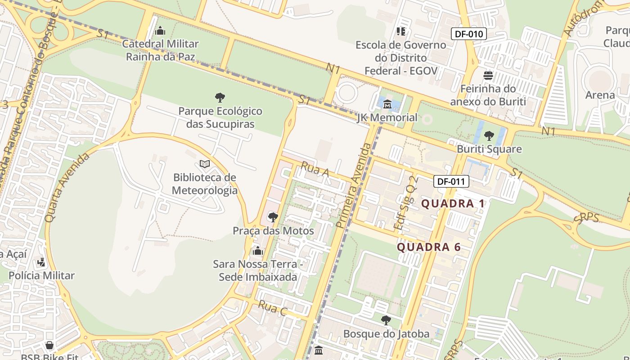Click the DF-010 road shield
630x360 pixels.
(469, 34)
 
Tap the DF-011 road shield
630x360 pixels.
(451, 182)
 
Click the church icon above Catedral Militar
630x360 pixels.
(160, 31)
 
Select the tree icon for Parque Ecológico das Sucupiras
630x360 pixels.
(220, 97)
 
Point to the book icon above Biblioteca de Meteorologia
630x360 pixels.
(205, 164)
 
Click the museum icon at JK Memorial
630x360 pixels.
(387, 105)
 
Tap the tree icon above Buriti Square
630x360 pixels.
(489, 135)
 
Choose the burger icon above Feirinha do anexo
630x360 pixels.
(488, 76)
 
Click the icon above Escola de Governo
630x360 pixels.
(400, 31)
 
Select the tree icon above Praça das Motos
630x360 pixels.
(273, 217)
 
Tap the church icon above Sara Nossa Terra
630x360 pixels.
(258, 251)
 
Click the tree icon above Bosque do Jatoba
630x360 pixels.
(386, 320)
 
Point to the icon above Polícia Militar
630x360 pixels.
(41, 262)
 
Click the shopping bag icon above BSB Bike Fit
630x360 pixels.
(49, 346)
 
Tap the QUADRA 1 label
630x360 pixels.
(453, 203)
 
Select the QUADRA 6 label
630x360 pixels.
(429, 247)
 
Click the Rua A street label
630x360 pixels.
(315, 170)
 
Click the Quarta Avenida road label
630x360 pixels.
(67, 187)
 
